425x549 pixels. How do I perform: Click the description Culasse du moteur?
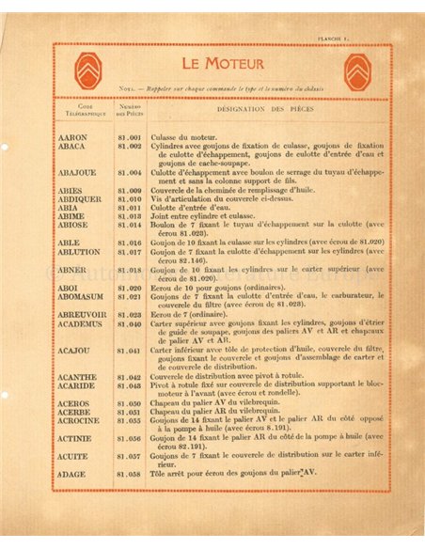point(183,138)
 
